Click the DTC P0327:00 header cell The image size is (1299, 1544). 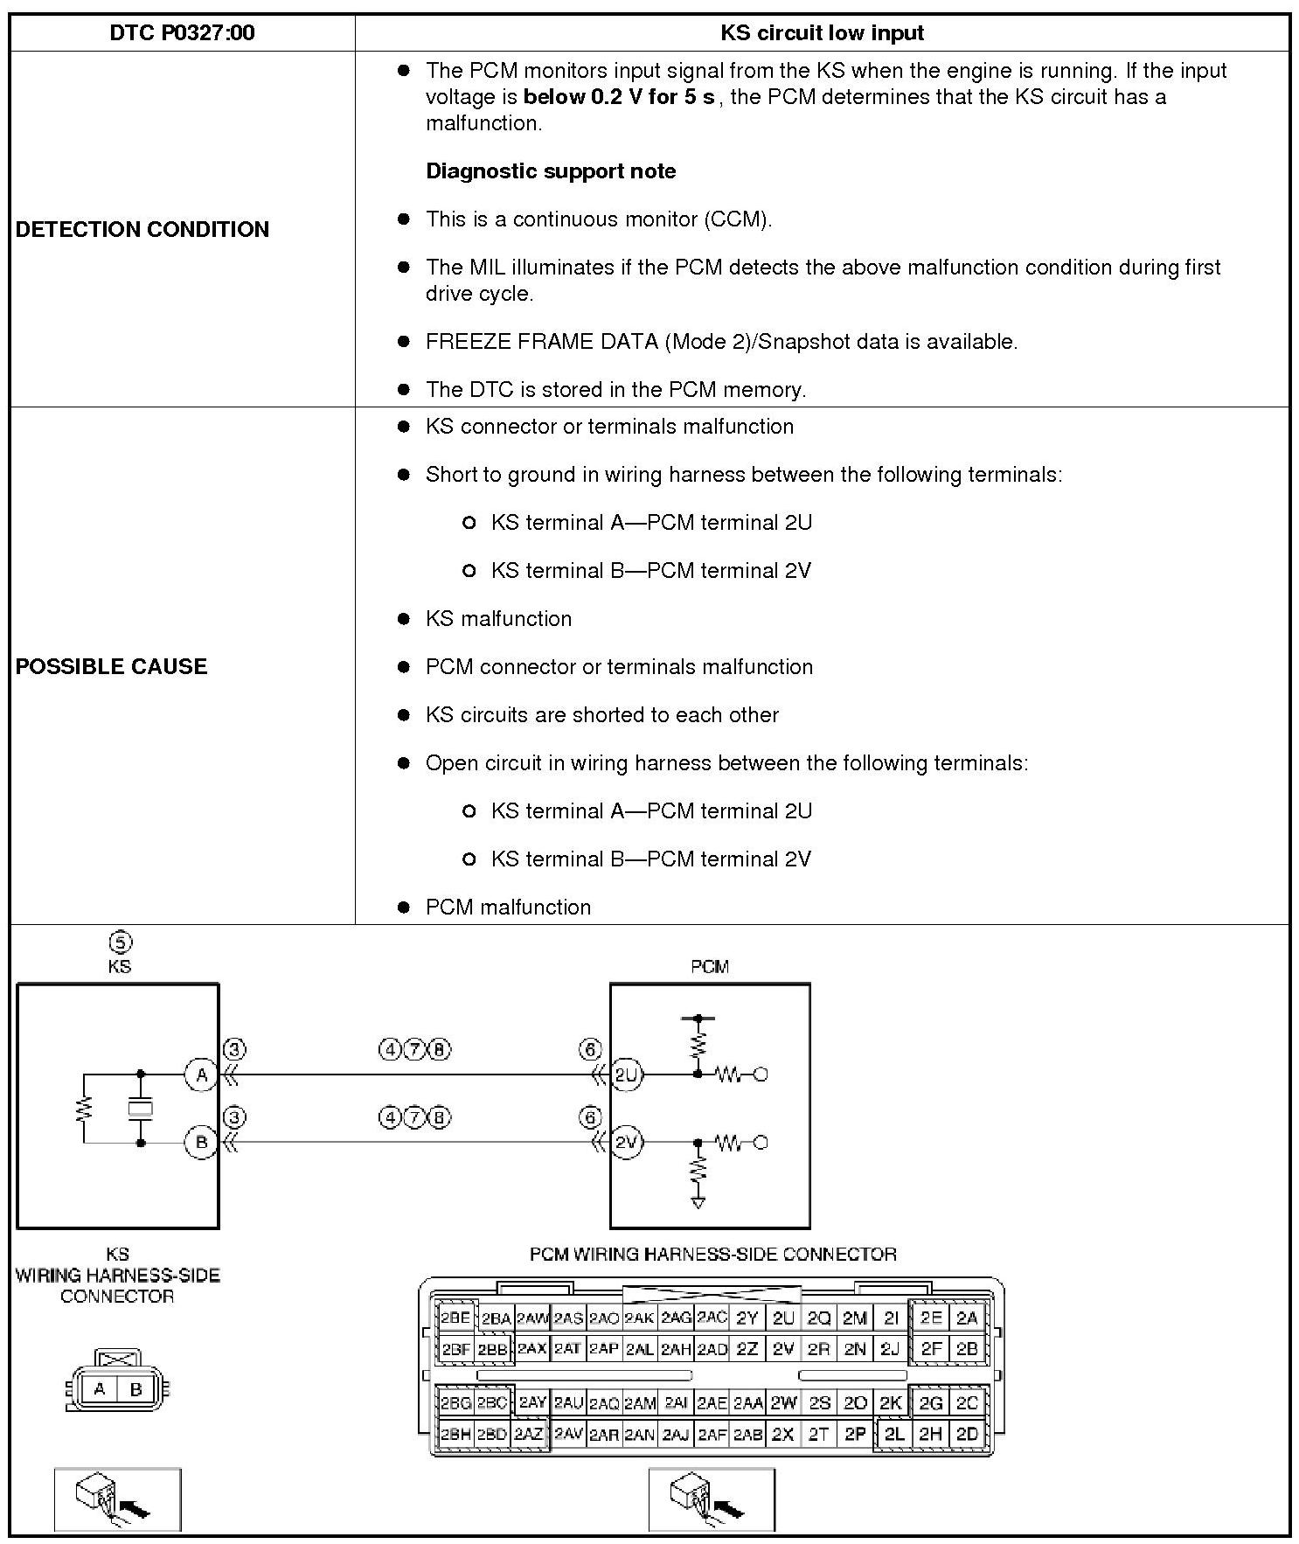point(182,33)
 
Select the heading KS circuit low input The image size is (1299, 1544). point(822,33)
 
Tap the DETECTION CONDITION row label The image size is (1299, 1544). point(142,229)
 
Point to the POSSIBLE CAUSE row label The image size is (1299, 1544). point(112,666)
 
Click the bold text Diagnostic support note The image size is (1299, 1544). point(551,171)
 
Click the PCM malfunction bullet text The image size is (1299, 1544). point(508,907)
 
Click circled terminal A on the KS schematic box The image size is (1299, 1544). point(201,1075)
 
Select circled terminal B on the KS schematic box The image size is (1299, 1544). point(201,1142)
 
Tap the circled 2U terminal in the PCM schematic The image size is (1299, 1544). point(627,1075)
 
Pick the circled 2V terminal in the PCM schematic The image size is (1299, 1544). point(627,1142)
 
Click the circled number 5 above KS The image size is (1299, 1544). point(120,942)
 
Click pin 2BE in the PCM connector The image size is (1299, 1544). point(455,1318)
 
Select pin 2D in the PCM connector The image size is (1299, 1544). point(967,1434)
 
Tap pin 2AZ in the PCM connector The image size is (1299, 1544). point(528,1434)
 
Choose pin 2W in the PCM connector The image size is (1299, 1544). point(783,1403)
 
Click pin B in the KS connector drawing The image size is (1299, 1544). point(135,1389)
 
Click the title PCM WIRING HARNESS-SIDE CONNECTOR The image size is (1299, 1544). point(712,1255)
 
